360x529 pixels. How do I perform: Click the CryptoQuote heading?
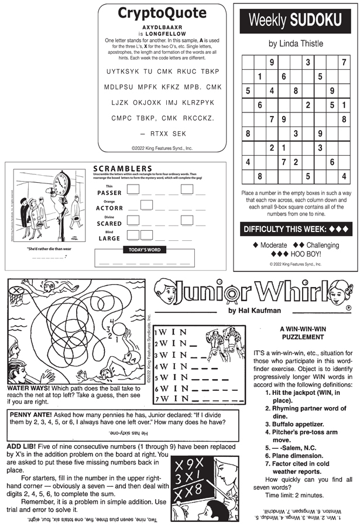point(163,13)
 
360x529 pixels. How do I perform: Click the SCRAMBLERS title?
point(122,169)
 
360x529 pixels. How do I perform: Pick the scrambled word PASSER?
point(109,193)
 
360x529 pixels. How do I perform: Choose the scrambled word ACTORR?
point(109,208)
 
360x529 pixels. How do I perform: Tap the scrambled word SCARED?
point(109,223)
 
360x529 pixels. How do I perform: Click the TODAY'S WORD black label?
point(144,250)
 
